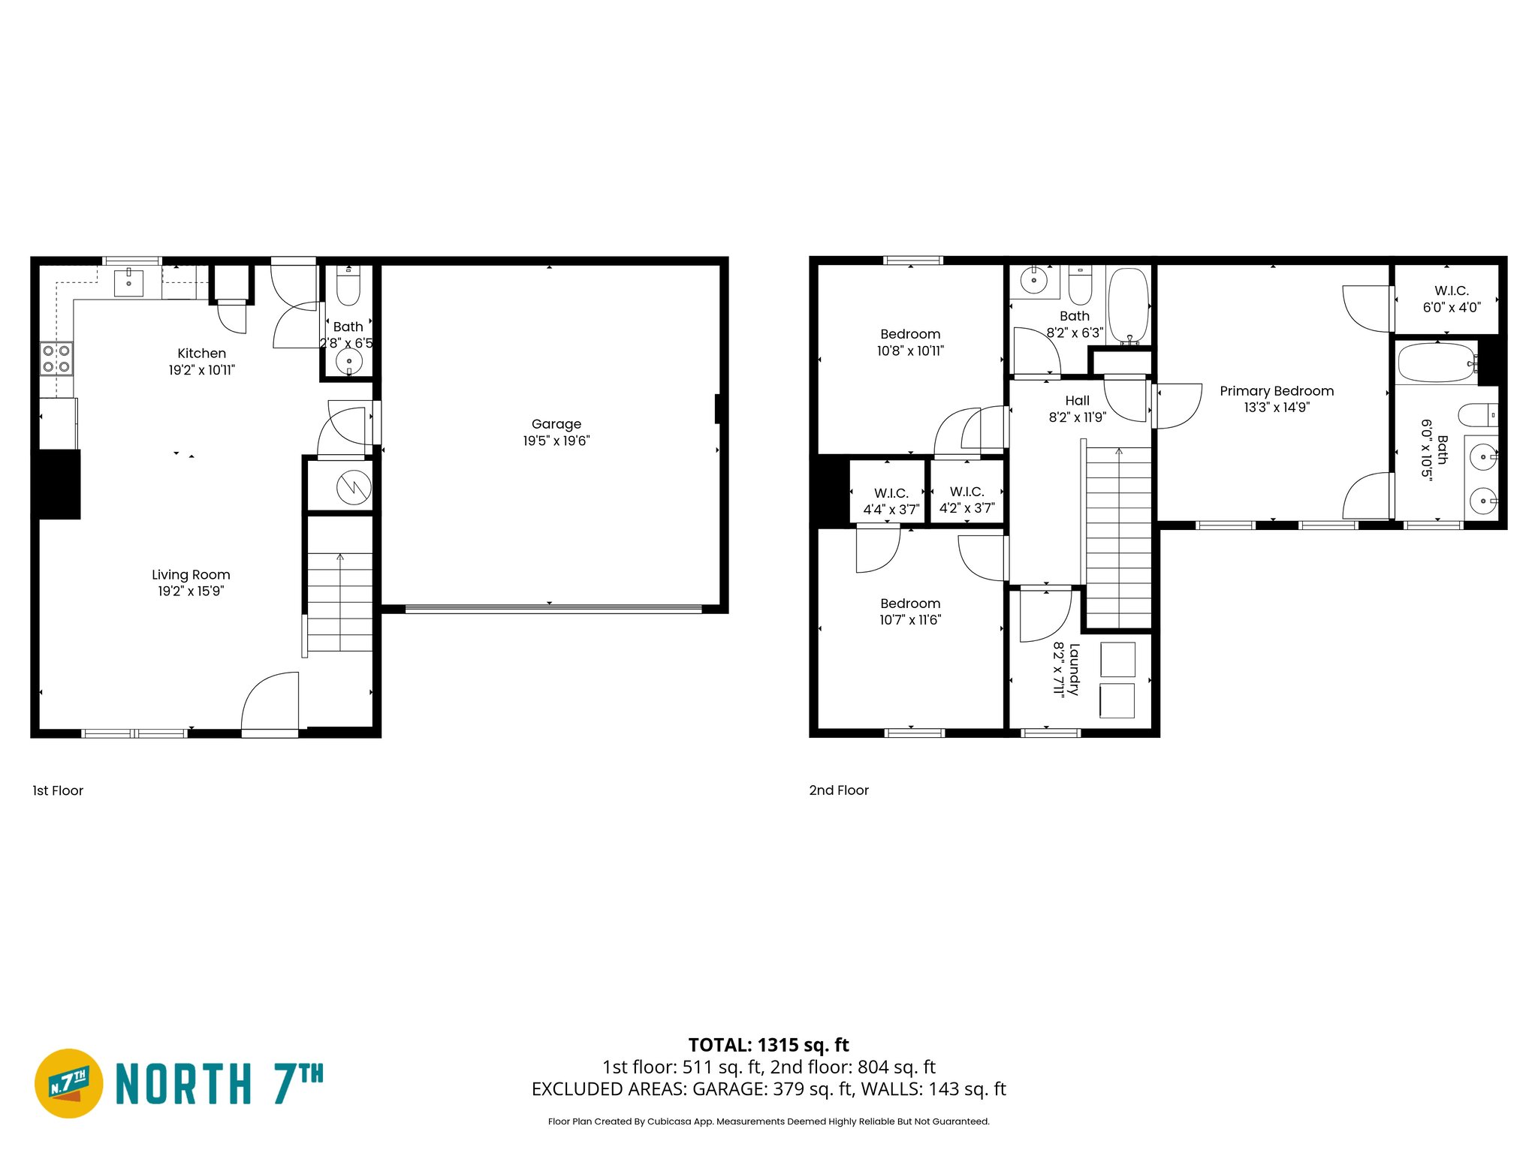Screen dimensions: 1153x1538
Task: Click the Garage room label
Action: click(556, 424)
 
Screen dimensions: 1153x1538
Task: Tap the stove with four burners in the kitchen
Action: click(56, 358)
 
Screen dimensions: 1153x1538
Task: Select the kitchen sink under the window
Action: click(129, 283)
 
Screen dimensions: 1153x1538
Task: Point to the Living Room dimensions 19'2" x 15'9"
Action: click(191, 592)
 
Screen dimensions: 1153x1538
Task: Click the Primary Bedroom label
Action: click(1276, 391)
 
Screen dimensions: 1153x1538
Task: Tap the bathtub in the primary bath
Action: click(1436, 363)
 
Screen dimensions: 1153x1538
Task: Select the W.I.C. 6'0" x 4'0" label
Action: click(1451, 299)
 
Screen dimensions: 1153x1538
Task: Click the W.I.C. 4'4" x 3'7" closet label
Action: click(891, 501)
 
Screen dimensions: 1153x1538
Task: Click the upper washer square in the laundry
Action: click(1117, 660)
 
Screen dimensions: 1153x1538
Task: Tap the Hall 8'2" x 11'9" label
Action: click(1077, 408)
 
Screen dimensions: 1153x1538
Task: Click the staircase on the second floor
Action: click(1118, 537)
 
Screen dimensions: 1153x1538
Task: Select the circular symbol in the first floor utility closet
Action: click(354, 487)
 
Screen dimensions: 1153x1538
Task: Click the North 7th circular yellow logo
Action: click(69, 1083)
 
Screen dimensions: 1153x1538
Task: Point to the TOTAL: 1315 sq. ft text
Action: click(768, 1045)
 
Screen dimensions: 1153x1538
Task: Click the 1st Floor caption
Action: click(58, 790)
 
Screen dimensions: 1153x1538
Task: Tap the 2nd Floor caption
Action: click(838, 790)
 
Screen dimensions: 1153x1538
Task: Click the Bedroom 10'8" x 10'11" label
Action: click(910, 342)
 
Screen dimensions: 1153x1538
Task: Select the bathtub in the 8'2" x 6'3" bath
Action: click(1128, 306)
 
